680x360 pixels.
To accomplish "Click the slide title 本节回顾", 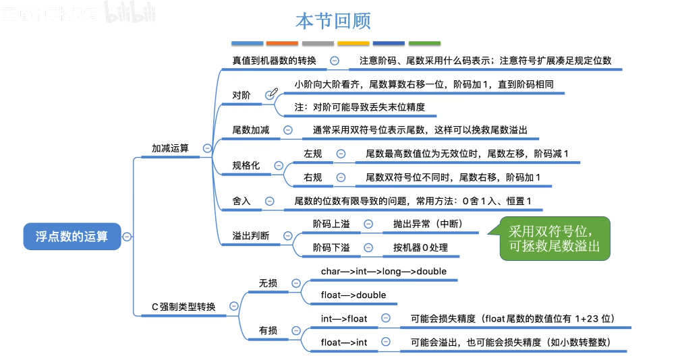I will point(333,20).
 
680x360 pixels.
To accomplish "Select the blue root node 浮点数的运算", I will point(72,237).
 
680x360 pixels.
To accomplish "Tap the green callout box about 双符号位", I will point(555,239).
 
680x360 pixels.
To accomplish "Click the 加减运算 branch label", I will point(171,148).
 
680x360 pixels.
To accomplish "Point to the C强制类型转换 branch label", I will point(183,306).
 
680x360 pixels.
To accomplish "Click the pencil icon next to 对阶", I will point(272,95).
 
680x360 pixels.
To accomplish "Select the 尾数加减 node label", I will point(251,130).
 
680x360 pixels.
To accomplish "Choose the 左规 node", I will point(313,154).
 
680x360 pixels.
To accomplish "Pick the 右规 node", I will point(313,177).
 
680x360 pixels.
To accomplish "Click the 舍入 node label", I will point(242,201).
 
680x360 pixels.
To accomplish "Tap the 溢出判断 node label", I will point(251,236).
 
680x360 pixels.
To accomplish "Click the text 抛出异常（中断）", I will point(428,224).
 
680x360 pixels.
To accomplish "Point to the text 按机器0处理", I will point(420,247).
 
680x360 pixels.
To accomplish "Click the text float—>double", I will point(353,295).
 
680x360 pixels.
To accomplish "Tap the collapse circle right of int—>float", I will point(385,318).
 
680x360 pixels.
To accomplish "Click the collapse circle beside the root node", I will point(127,237).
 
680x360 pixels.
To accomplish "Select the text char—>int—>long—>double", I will point(384,271).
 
